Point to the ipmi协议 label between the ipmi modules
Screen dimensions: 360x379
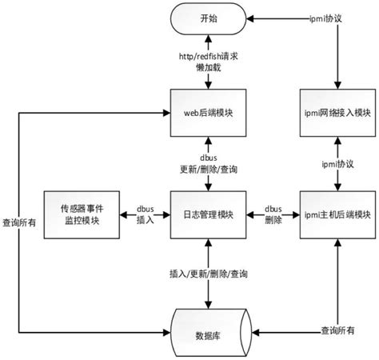337,164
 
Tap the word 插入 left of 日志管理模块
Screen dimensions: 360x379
145,219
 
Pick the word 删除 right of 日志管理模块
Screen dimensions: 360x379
272,219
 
